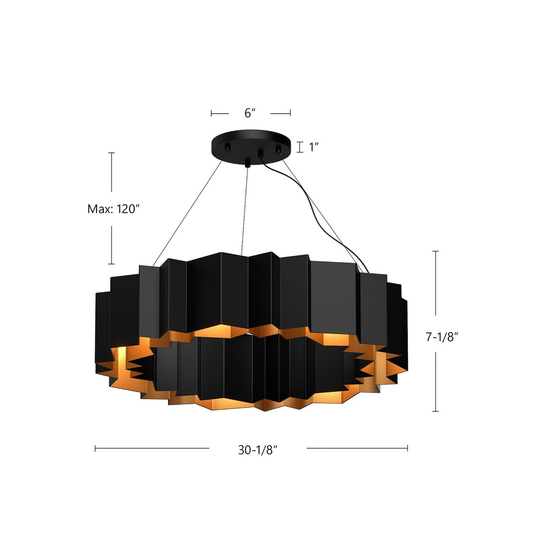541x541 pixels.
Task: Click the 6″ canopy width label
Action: (x=250, y=113)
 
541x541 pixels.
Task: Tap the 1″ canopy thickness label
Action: (x=314, y=147)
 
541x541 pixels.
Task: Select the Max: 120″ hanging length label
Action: (x=112, y=209)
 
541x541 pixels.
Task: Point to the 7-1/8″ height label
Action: (x=442, y=337)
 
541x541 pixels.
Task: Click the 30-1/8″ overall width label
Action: (x=258, y=450)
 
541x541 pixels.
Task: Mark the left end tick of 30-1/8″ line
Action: (x=95, y=448)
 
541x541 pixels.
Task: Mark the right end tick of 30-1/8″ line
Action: (x=407, y=448)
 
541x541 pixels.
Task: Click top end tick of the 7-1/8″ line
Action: (x=435, y=251)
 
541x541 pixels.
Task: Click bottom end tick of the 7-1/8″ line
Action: (x=435, y=411)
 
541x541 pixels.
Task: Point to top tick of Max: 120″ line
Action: (x=111, y=153)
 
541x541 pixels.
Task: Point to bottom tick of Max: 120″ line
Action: (x=111, y=263)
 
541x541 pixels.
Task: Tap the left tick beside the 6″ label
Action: (x=211, y=114)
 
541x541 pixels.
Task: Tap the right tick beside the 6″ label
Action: (x=290, y=114)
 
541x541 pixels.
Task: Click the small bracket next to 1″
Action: (x=300, y=147)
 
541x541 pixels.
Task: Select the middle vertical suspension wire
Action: (x=244, y=210)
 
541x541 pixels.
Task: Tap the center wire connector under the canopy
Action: (x=247, y=163)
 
